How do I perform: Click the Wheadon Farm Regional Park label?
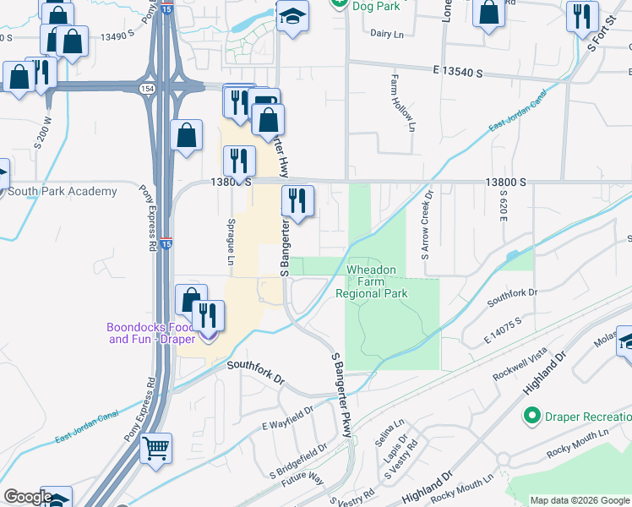pyautogui.click(x=372, y=281)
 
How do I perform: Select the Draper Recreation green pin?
pyautogui.click(x=531, y=416)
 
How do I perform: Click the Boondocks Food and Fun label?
pyautogui.click(x=149, y=333)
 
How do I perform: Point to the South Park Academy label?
pyautogui.click(x=62, y=192)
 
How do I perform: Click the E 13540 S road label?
pyautogui.click(x=460, y=74)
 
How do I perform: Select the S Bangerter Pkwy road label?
pyautogui.click(x=341, y=395)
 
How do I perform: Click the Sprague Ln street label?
pyautogui.click(x=230, y=240)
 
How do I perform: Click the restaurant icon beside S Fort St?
pyautogui.click(x=582, y=16)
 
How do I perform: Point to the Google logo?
pyautogui.click(x=27, y=498)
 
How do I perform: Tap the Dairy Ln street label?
pyautogui.click(x=389, y=34)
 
